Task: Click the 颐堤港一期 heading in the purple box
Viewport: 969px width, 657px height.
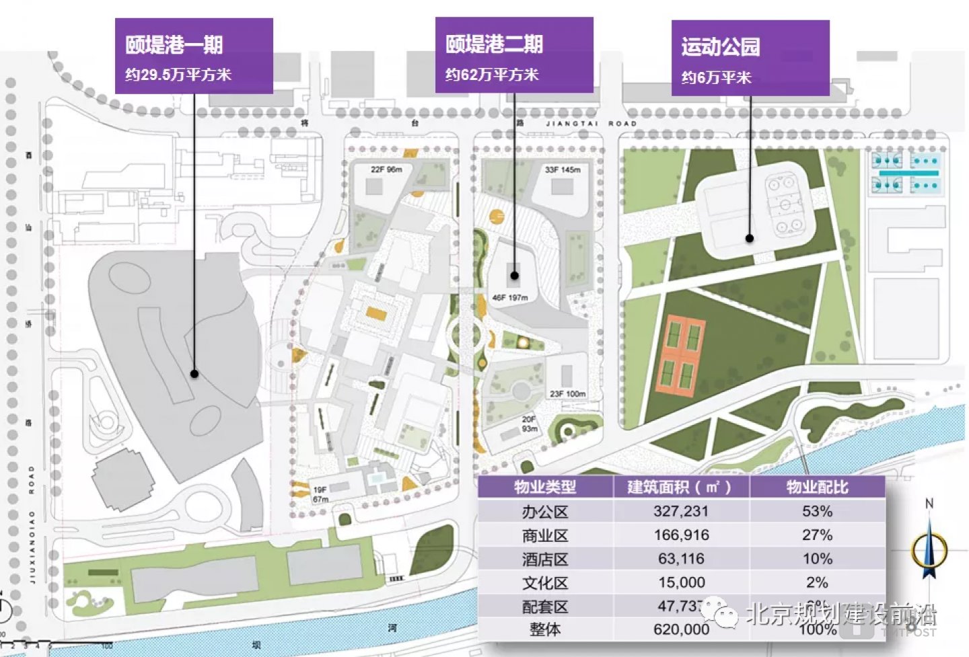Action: click(174, 45)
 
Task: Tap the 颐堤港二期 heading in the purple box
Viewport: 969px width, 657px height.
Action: click(494, 44)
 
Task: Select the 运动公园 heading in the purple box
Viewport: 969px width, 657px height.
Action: click(720, 47)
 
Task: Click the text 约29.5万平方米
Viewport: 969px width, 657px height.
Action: click(178, 75)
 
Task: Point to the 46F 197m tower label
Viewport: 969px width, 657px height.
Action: click(509, 297)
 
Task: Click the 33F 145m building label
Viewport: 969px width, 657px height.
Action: click(562, 170)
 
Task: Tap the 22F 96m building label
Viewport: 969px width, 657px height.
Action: click(386, 169)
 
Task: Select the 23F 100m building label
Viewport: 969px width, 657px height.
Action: click(567, 394)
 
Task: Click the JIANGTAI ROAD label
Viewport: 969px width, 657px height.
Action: click(590, 124)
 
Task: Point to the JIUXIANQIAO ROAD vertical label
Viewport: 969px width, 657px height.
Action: click(32, 525)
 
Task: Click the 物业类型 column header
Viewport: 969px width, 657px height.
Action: click(545, 487)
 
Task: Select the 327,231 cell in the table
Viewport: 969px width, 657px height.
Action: click(680, 511)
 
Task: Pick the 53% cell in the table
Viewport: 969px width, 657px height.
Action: click(817, 511)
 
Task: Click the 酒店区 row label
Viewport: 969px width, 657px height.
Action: click(545, 559)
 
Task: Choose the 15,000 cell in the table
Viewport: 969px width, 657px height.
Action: click(681, 582)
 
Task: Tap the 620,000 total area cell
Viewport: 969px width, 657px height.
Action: click(681, 629)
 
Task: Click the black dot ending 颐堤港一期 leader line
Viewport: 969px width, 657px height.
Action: click(194, 374)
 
